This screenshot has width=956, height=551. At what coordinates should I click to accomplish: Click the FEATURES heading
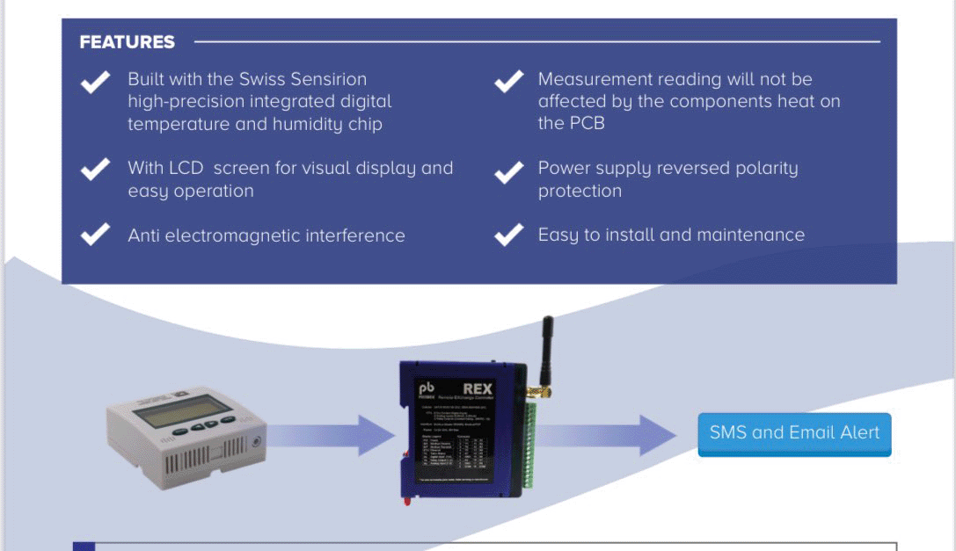[x=127, y=42]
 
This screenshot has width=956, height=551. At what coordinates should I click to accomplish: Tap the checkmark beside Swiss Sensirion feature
[x=95, y=82]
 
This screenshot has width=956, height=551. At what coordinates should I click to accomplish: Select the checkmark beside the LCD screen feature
[x=95, y=169]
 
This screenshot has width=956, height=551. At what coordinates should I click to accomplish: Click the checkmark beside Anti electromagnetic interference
[x=95, y=235]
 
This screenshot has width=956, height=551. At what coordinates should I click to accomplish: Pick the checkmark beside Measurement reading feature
[x=508, y=82]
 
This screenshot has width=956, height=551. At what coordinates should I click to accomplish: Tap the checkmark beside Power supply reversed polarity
[x=508, y=171]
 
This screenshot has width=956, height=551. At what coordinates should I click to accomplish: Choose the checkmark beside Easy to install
[x=508, y=235]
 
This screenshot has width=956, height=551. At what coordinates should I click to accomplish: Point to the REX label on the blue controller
[x=478, y=388]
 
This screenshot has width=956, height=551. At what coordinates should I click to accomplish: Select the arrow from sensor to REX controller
[x=330, y=435]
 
